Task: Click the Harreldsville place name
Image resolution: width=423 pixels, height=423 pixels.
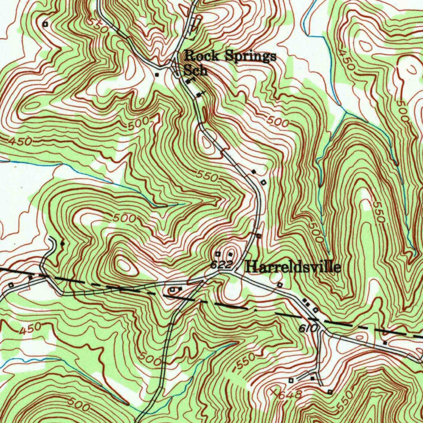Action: [293, 267]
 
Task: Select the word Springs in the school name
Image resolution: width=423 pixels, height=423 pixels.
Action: [250, 56]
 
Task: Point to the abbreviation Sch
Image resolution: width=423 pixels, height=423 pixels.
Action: [195, 70]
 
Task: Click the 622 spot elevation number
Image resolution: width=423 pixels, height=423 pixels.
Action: [220, 265]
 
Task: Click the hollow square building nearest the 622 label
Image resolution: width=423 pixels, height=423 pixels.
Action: [217, 254]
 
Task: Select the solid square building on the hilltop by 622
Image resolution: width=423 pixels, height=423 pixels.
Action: [229, 254]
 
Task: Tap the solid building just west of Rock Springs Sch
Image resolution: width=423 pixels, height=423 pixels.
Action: [157, 75]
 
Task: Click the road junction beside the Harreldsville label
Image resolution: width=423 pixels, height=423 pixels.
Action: [234, 273]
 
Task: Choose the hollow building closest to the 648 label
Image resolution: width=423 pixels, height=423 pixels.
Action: [291, 380]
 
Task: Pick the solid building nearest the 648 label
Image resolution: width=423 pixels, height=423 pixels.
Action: [312, 378]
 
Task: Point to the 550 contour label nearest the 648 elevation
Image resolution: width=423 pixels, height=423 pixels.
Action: [246, 362]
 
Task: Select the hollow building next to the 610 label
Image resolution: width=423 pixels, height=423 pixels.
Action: [316, 310]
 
